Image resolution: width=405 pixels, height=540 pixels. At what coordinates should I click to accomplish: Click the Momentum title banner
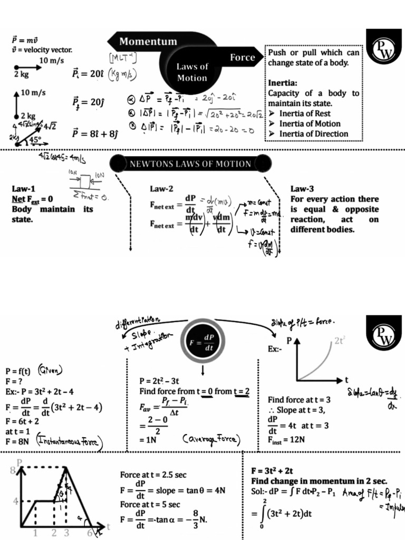coord(148,41)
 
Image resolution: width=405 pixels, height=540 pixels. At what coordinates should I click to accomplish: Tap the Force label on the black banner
coord(242,57)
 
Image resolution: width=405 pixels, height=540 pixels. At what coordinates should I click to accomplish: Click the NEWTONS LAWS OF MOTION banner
coord(190,164)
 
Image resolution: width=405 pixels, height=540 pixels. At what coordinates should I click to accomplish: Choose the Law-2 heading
coord(161,189)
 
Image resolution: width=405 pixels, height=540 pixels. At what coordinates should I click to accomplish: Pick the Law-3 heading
coord(302,189)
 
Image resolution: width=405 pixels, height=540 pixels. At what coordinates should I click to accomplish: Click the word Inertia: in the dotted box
coord(283,83)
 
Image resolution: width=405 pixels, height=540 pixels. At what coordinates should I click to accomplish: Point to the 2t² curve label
coord(340,341)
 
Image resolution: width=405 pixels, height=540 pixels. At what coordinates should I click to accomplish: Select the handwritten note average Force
coord(211,439)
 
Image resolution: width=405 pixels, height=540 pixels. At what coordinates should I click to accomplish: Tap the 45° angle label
coord(35,140)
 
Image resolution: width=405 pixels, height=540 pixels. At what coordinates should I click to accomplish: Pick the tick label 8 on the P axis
coord(13,471)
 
